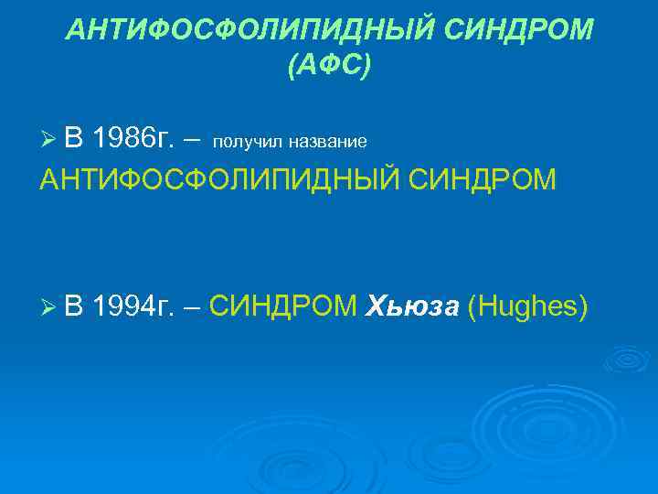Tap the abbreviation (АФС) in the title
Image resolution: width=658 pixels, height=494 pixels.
tap(329, 66)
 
